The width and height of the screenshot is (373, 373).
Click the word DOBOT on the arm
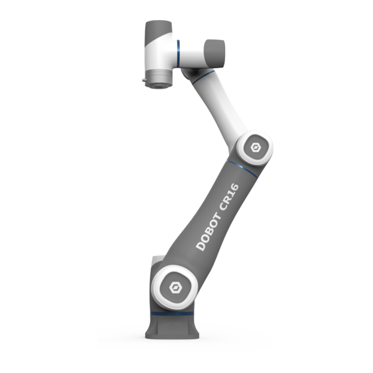pos(208,232)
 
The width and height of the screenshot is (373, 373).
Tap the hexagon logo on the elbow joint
pos(256,148)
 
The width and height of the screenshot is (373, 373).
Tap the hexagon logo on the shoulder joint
pos(176,288)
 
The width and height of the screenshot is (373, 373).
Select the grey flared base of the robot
pos(173,326)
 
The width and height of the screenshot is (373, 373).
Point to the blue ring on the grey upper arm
pos(242,168)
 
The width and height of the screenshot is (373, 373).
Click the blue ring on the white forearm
pos(203,76)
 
